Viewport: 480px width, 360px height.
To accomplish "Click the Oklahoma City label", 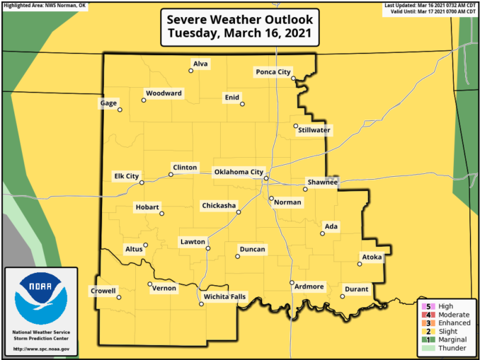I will [239, 172].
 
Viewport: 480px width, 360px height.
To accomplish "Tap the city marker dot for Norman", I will [271, 198].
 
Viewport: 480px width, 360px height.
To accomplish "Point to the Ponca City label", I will [273, 72].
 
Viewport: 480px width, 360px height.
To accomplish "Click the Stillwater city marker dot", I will [296, 127].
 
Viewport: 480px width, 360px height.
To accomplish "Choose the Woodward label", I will [164, 93].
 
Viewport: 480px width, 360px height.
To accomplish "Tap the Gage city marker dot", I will [120, 110].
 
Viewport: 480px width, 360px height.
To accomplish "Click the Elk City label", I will [127, 176].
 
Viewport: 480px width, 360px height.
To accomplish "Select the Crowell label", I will [103, 291].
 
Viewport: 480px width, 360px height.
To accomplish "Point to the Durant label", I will [356, 289].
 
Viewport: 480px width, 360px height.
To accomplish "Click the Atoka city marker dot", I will [360, 265].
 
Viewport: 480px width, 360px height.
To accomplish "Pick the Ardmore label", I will [309, 286].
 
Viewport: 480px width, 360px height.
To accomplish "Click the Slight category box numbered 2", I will [428, 331].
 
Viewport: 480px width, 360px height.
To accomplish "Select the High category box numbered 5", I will [428, 306].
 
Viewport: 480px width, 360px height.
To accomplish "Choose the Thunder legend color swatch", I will [428, 348].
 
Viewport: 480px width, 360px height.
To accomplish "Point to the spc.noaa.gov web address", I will [40, 349].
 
